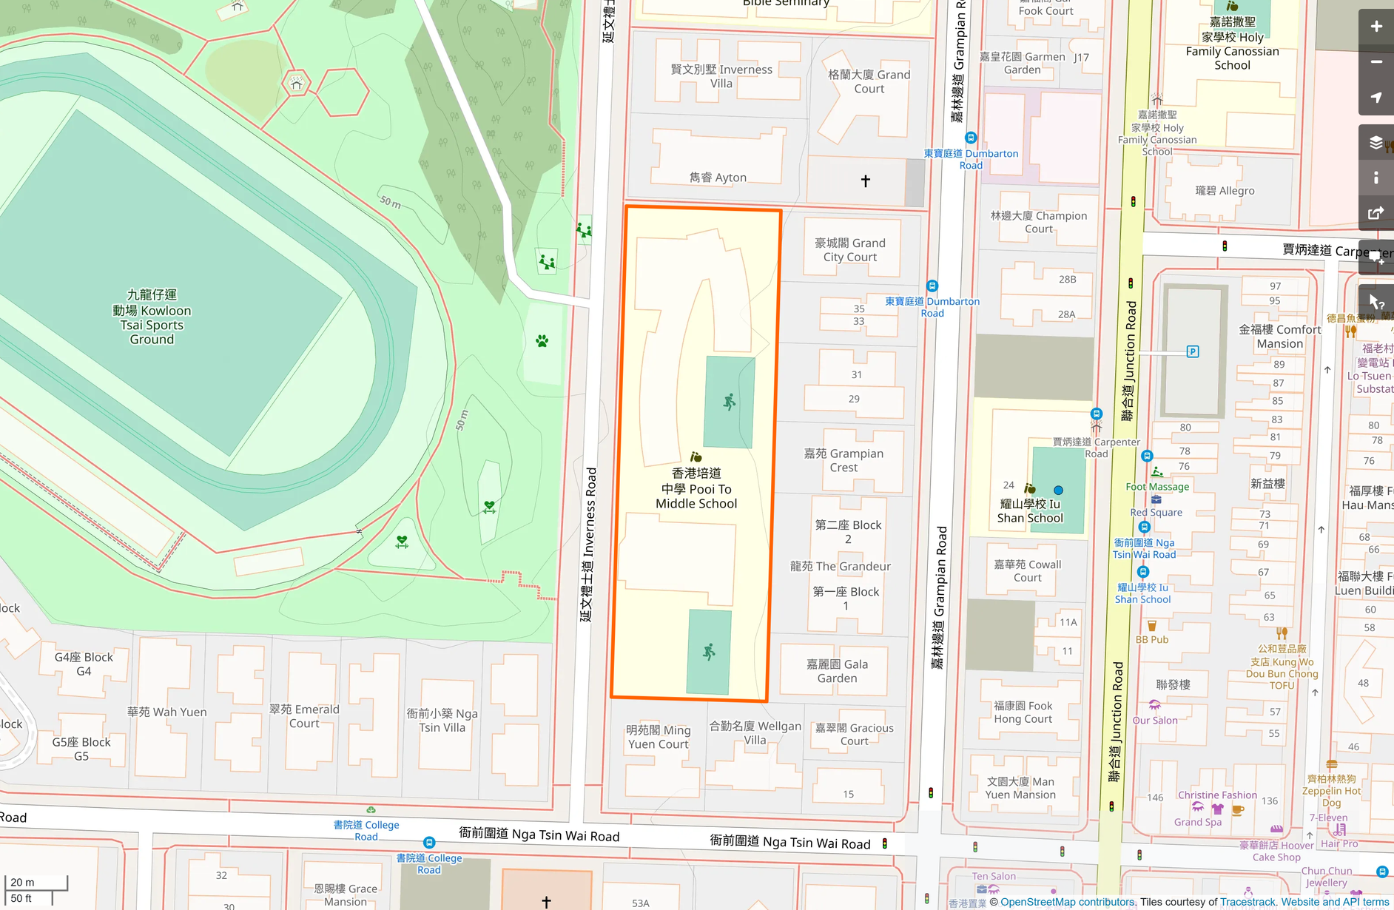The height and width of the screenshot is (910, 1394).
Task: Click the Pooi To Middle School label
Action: (x=696, y=488)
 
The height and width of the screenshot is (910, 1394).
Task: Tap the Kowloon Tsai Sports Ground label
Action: (x=152, y=317)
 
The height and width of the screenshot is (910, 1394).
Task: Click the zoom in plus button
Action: (x=1376, y=27)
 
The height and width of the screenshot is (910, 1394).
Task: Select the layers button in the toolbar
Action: (x=1376, y=142)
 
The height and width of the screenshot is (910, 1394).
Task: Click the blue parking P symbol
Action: (x=1192, y=351)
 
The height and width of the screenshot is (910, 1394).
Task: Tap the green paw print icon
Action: (x=542, y=341)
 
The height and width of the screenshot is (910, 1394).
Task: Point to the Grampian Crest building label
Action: (x=844, y=460)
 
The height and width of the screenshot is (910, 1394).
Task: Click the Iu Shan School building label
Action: (x=1030, y=510)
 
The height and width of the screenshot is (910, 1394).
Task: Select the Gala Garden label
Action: (x=837, y=671)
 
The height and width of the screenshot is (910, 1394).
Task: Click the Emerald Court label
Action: (x=304, y=716)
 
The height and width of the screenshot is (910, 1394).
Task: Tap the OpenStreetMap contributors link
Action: (x=1067, y=902)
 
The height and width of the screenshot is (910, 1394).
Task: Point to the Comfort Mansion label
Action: (x=1279, y=337)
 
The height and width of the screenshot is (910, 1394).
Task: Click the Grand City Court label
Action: (x=849, y=250)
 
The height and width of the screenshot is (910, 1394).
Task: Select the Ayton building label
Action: (x=718, y=178)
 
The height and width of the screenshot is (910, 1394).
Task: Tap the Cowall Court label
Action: (x=1027, y=570)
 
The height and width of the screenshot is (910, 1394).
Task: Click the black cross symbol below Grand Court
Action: (x=865, y=181)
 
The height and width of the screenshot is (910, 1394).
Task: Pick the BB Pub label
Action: (x=1152, y=639)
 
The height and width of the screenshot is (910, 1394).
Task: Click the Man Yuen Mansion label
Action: (x=1020, y=788)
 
